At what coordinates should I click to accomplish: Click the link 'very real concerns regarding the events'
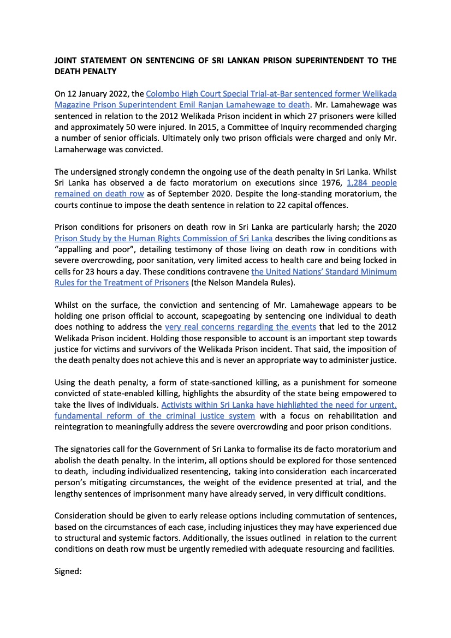[240, 327]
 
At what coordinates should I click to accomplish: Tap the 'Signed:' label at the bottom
[68, 571]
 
